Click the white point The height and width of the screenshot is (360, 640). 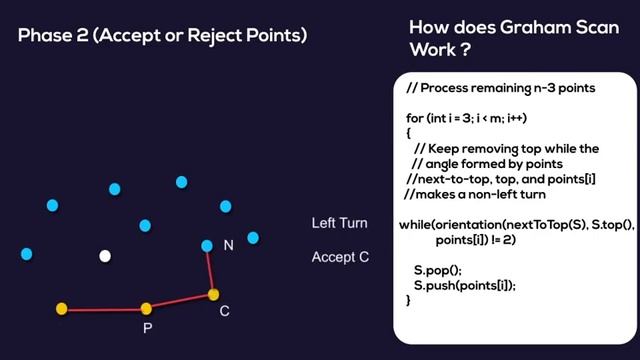pyautogui.click(x=105, y=256)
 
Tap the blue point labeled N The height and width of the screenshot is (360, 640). pyautogui.click(x=207, y=245)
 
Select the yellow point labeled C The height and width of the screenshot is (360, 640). pyautogui.click(x=213, y=294)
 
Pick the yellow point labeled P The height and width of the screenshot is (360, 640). pyautogui.click(x=146, y=308)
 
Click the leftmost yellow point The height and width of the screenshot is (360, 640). pyautogui.click(x=61, y=309)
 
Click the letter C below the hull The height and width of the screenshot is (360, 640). pyautogui.click(x=225, y=311)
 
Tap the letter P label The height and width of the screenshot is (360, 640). pyautogui.click(x=147, y=328)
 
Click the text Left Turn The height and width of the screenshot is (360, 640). pyautogui.click(x=340, y=223)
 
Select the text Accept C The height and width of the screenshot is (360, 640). pyautogui.click(x=341, y=257)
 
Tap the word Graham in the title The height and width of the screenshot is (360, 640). pyautogui.click(x=537, y=27)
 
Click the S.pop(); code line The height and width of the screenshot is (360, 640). pyautogui.click(x=438, y=270)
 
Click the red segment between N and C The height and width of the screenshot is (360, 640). pyautogui.click(x=210, y=270)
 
